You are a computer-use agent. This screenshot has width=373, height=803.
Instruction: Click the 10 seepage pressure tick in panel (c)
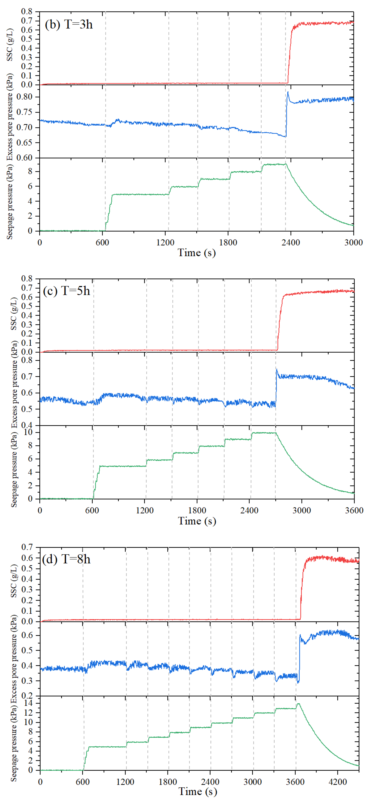(x=28, y=432)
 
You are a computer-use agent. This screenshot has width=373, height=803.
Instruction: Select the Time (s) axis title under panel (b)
(x=197, y=253)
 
